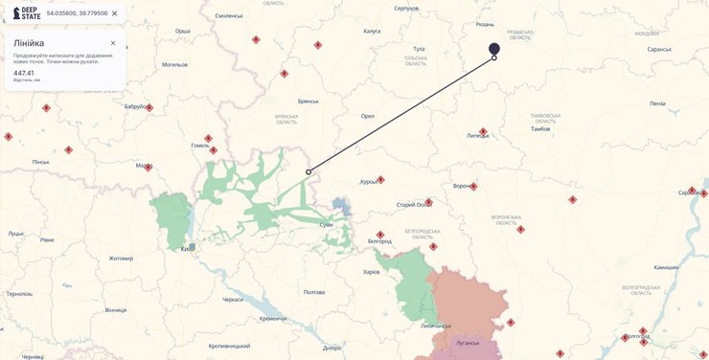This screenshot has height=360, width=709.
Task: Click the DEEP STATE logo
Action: coord(26,13)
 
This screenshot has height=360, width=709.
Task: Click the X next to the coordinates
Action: coord(115,13)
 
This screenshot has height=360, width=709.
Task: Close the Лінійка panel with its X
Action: coord(113,43)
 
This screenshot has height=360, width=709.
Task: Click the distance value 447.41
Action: coord(24,73)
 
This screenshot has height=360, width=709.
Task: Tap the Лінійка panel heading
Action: coord(29,43)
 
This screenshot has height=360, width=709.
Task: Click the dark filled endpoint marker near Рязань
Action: coord(494,48)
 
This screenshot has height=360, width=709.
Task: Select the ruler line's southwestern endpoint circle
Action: coord(309,172)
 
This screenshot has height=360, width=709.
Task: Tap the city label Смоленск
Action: coord(229,15)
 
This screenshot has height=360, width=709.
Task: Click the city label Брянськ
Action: coord(309,101)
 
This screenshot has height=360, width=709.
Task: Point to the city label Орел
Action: coord(367,116)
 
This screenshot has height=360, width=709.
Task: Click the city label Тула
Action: coord(418,48)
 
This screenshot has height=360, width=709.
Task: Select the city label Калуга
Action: coord(372,31)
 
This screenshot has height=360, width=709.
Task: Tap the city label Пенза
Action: coord(657,103)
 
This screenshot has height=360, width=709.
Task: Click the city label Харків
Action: coord(371,272)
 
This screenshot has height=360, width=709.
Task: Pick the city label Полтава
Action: coord(314,292)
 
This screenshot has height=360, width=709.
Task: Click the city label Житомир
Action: coord(121,259)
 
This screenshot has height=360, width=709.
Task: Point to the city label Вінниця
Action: coord(115,310)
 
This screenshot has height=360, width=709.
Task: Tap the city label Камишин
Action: coord(666,267)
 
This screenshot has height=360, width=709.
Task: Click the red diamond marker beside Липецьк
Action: coord(483,131)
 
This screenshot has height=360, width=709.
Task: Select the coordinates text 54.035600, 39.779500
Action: coord(77,13)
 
